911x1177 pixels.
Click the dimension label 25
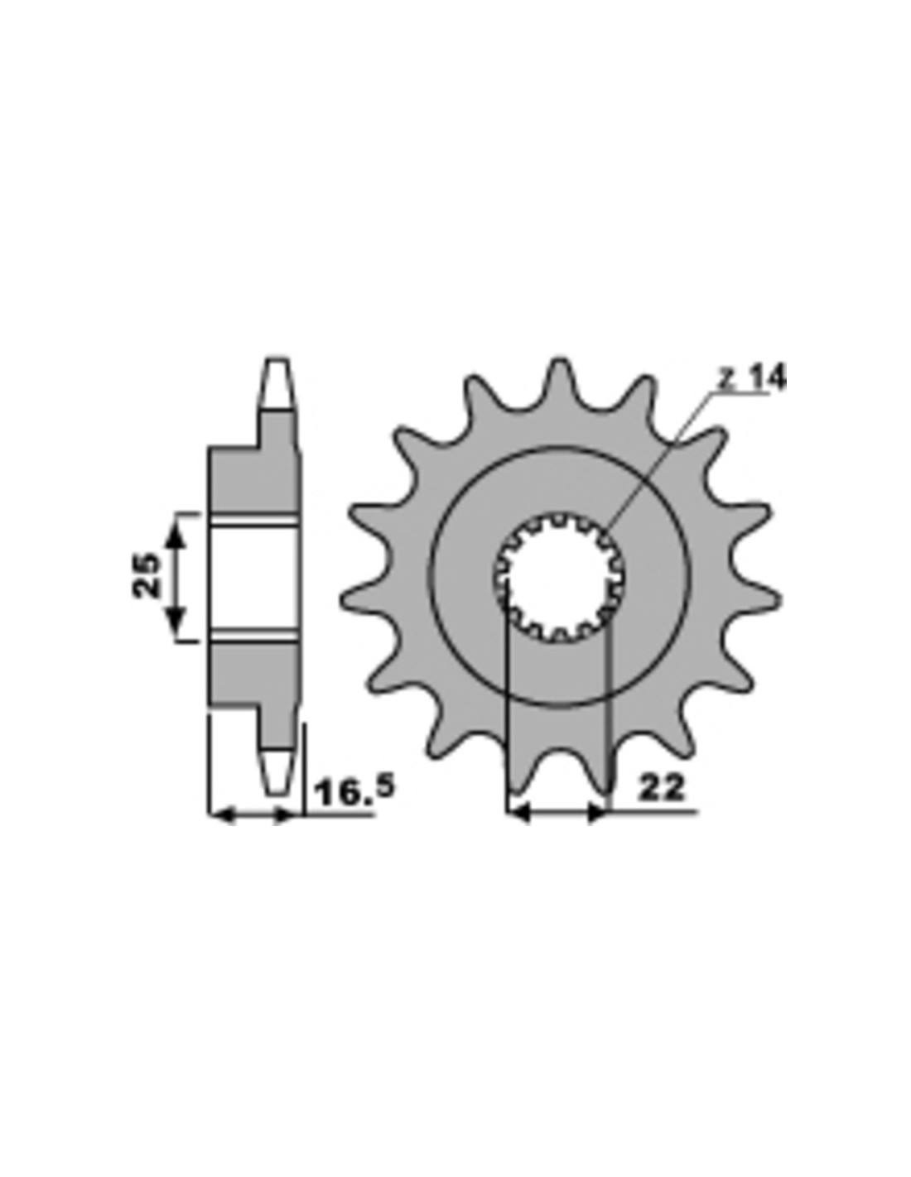[147, 574]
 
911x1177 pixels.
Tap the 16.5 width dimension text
[354, 792]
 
